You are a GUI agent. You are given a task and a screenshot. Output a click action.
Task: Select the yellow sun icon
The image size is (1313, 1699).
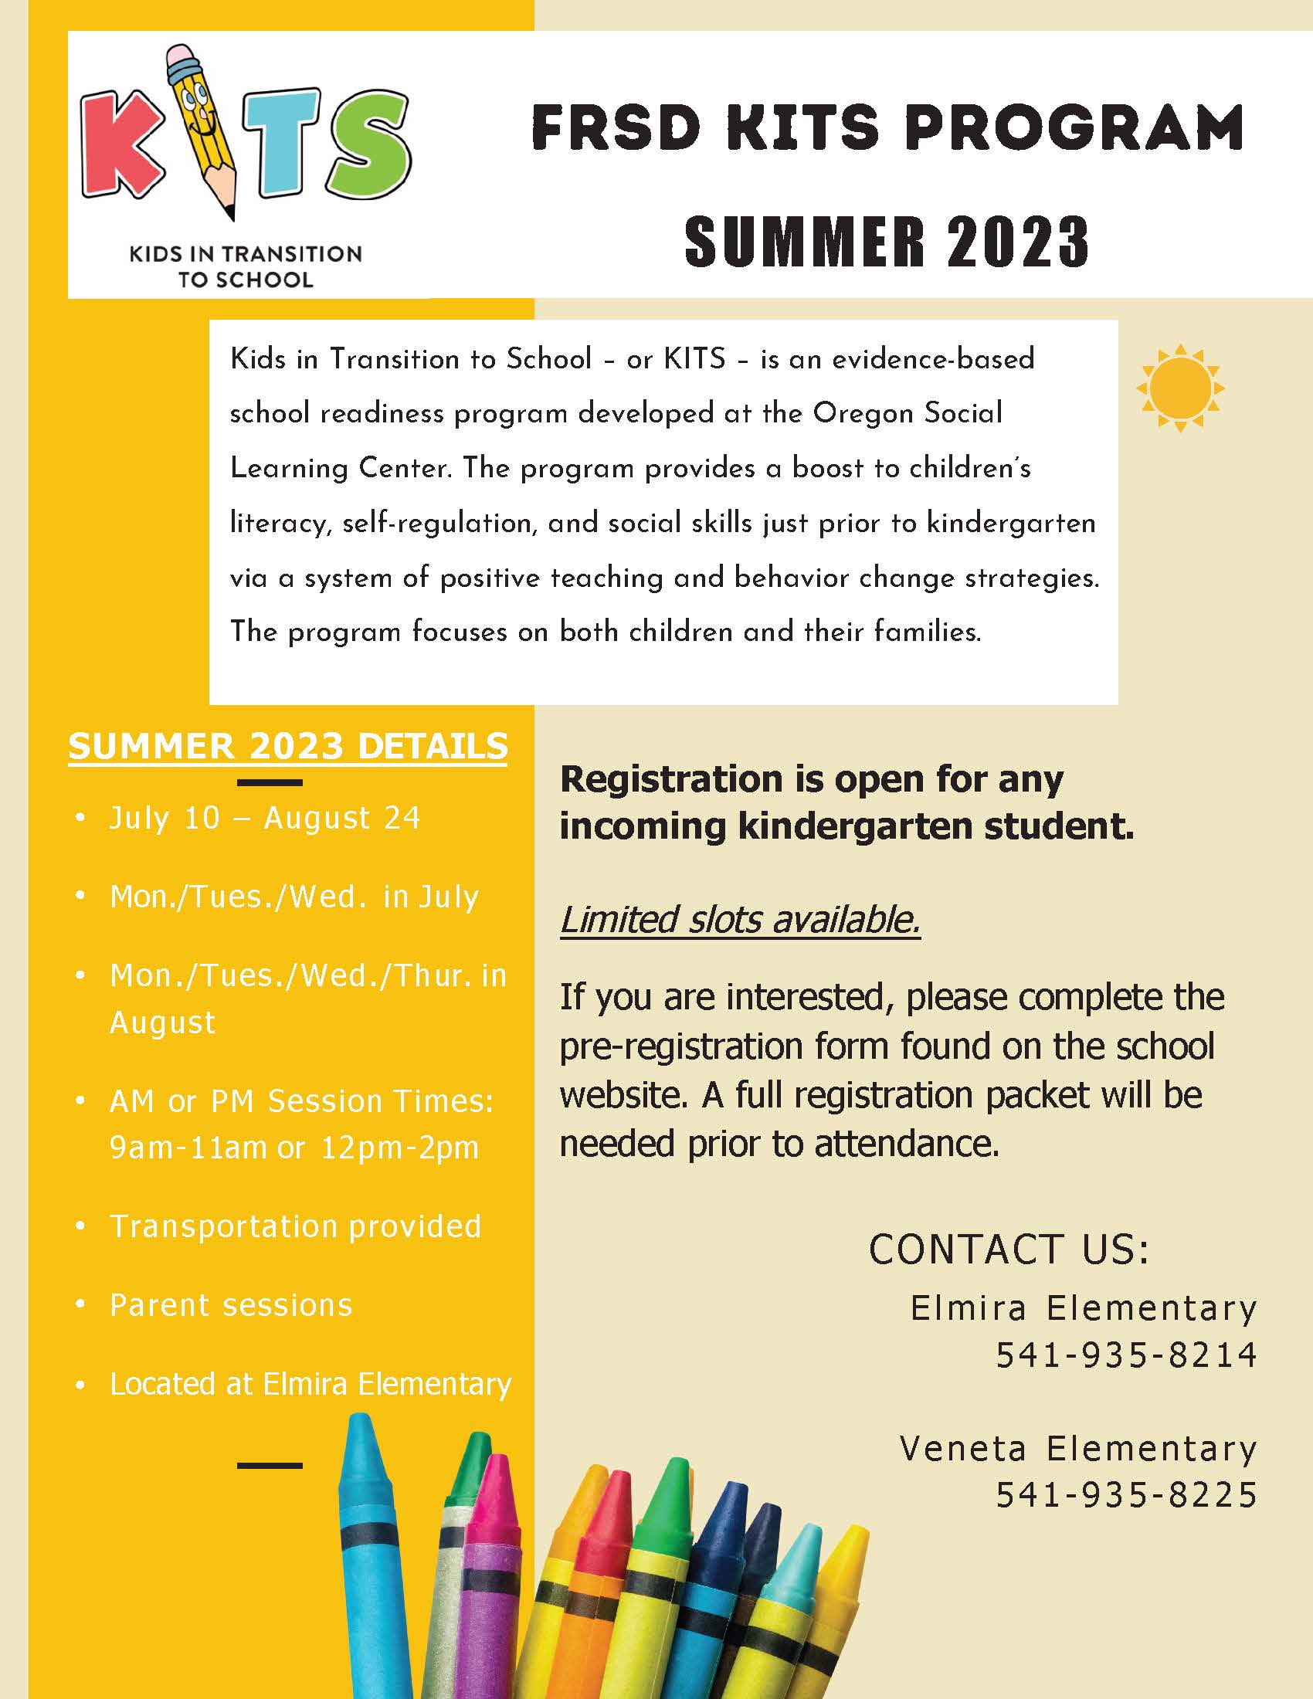[x=1179, y=388]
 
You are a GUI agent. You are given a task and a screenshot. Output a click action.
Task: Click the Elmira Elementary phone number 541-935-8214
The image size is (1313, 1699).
[x=1126, y=1355]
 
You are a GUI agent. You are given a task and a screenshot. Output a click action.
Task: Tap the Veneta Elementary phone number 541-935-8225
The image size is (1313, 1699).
[x=1126, y=1494]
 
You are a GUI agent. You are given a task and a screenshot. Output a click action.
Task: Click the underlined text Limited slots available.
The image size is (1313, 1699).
[x=740, y=919]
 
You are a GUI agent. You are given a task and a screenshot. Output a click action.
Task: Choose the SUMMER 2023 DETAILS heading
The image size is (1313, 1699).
[x=288, y=746]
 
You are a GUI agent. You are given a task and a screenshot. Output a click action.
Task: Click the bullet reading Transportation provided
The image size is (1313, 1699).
[x=296, y=1226]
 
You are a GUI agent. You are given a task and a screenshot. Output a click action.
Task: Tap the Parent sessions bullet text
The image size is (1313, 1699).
[x=231, y=1304]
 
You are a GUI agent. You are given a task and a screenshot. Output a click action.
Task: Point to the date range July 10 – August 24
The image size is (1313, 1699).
[x=264, y=819]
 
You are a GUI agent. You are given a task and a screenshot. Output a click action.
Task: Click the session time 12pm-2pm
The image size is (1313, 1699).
[x=400, y=1148]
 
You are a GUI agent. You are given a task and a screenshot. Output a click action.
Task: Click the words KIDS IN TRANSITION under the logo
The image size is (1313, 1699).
[x=245, y=254]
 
